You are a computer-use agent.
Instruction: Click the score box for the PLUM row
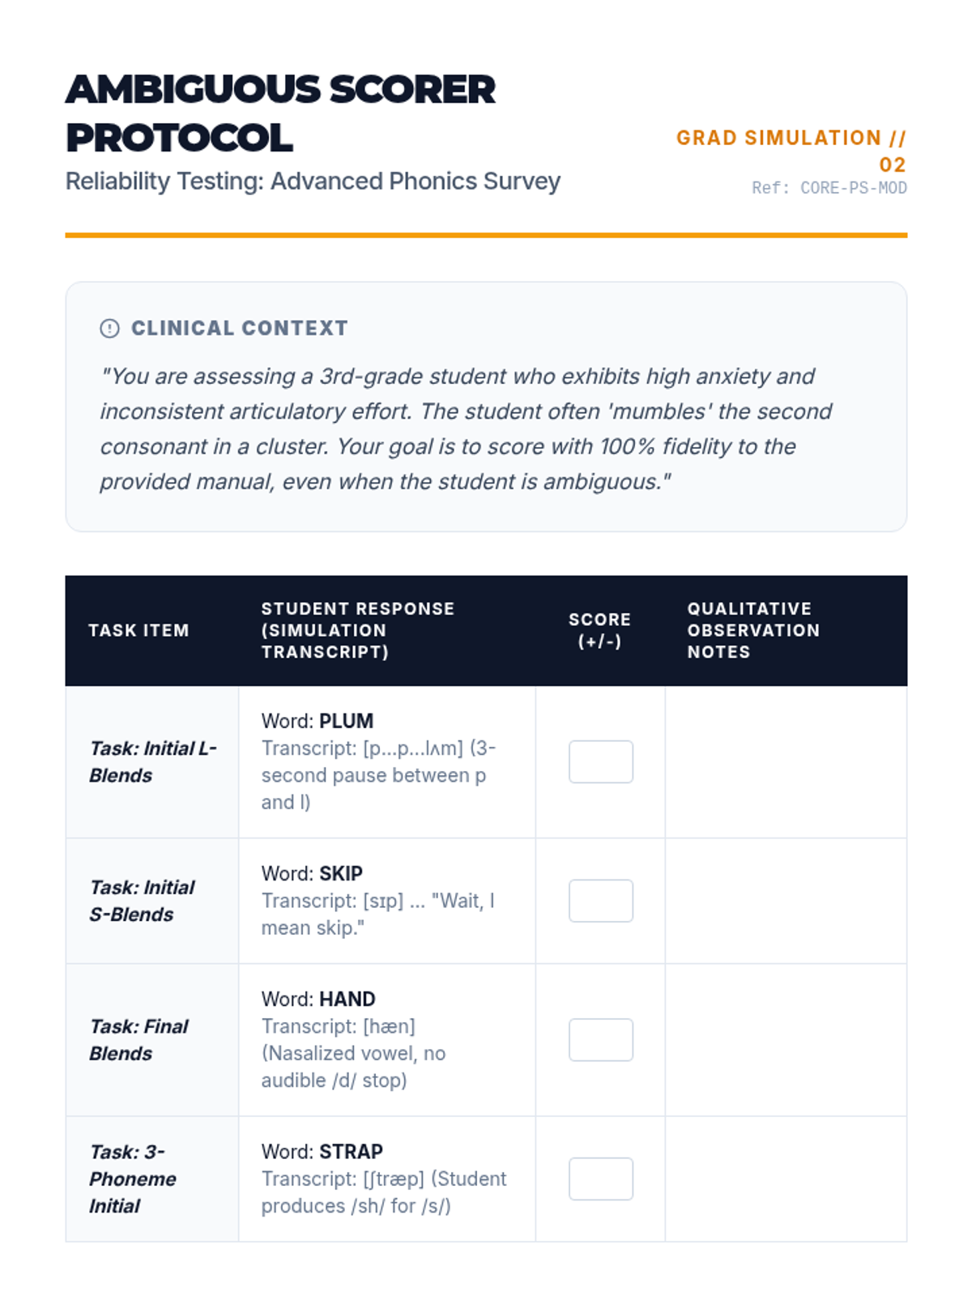click(600, 761)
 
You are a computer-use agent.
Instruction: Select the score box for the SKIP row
click(600, 901)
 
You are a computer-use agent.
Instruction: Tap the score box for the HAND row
click(600, 1040)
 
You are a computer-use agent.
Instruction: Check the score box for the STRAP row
click(600, 1179)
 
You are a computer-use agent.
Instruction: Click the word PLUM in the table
click(346, 721)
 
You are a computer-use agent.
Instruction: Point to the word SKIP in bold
click(340, 873)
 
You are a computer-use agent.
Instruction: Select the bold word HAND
click(347, 999)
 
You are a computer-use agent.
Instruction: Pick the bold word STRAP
click(351, 1151)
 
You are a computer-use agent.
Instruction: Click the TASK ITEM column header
click(139, 630)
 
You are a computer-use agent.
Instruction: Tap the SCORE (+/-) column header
click(599, 630)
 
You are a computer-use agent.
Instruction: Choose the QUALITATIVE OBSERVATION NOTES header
click(753, 630)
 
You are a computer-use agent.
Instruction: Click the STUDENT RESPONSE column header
click(357, 630)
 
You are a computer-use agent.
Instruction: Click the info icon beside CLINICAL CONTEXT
click(109, 328)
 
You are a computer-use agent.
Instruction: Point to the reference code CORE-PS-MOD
click(853, 188)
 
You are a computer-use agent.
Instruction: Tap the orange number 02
click(892, 164)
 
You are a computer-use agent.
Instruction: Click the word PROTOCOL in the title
click(179, 138)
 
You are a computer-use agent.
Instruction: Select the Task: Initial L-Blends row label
click(152, 761)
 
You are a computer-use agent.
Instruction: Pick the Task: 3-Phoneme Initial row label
click(132, 1179)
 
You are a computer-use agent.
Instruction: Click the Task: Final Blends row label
click(139, 1040)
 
